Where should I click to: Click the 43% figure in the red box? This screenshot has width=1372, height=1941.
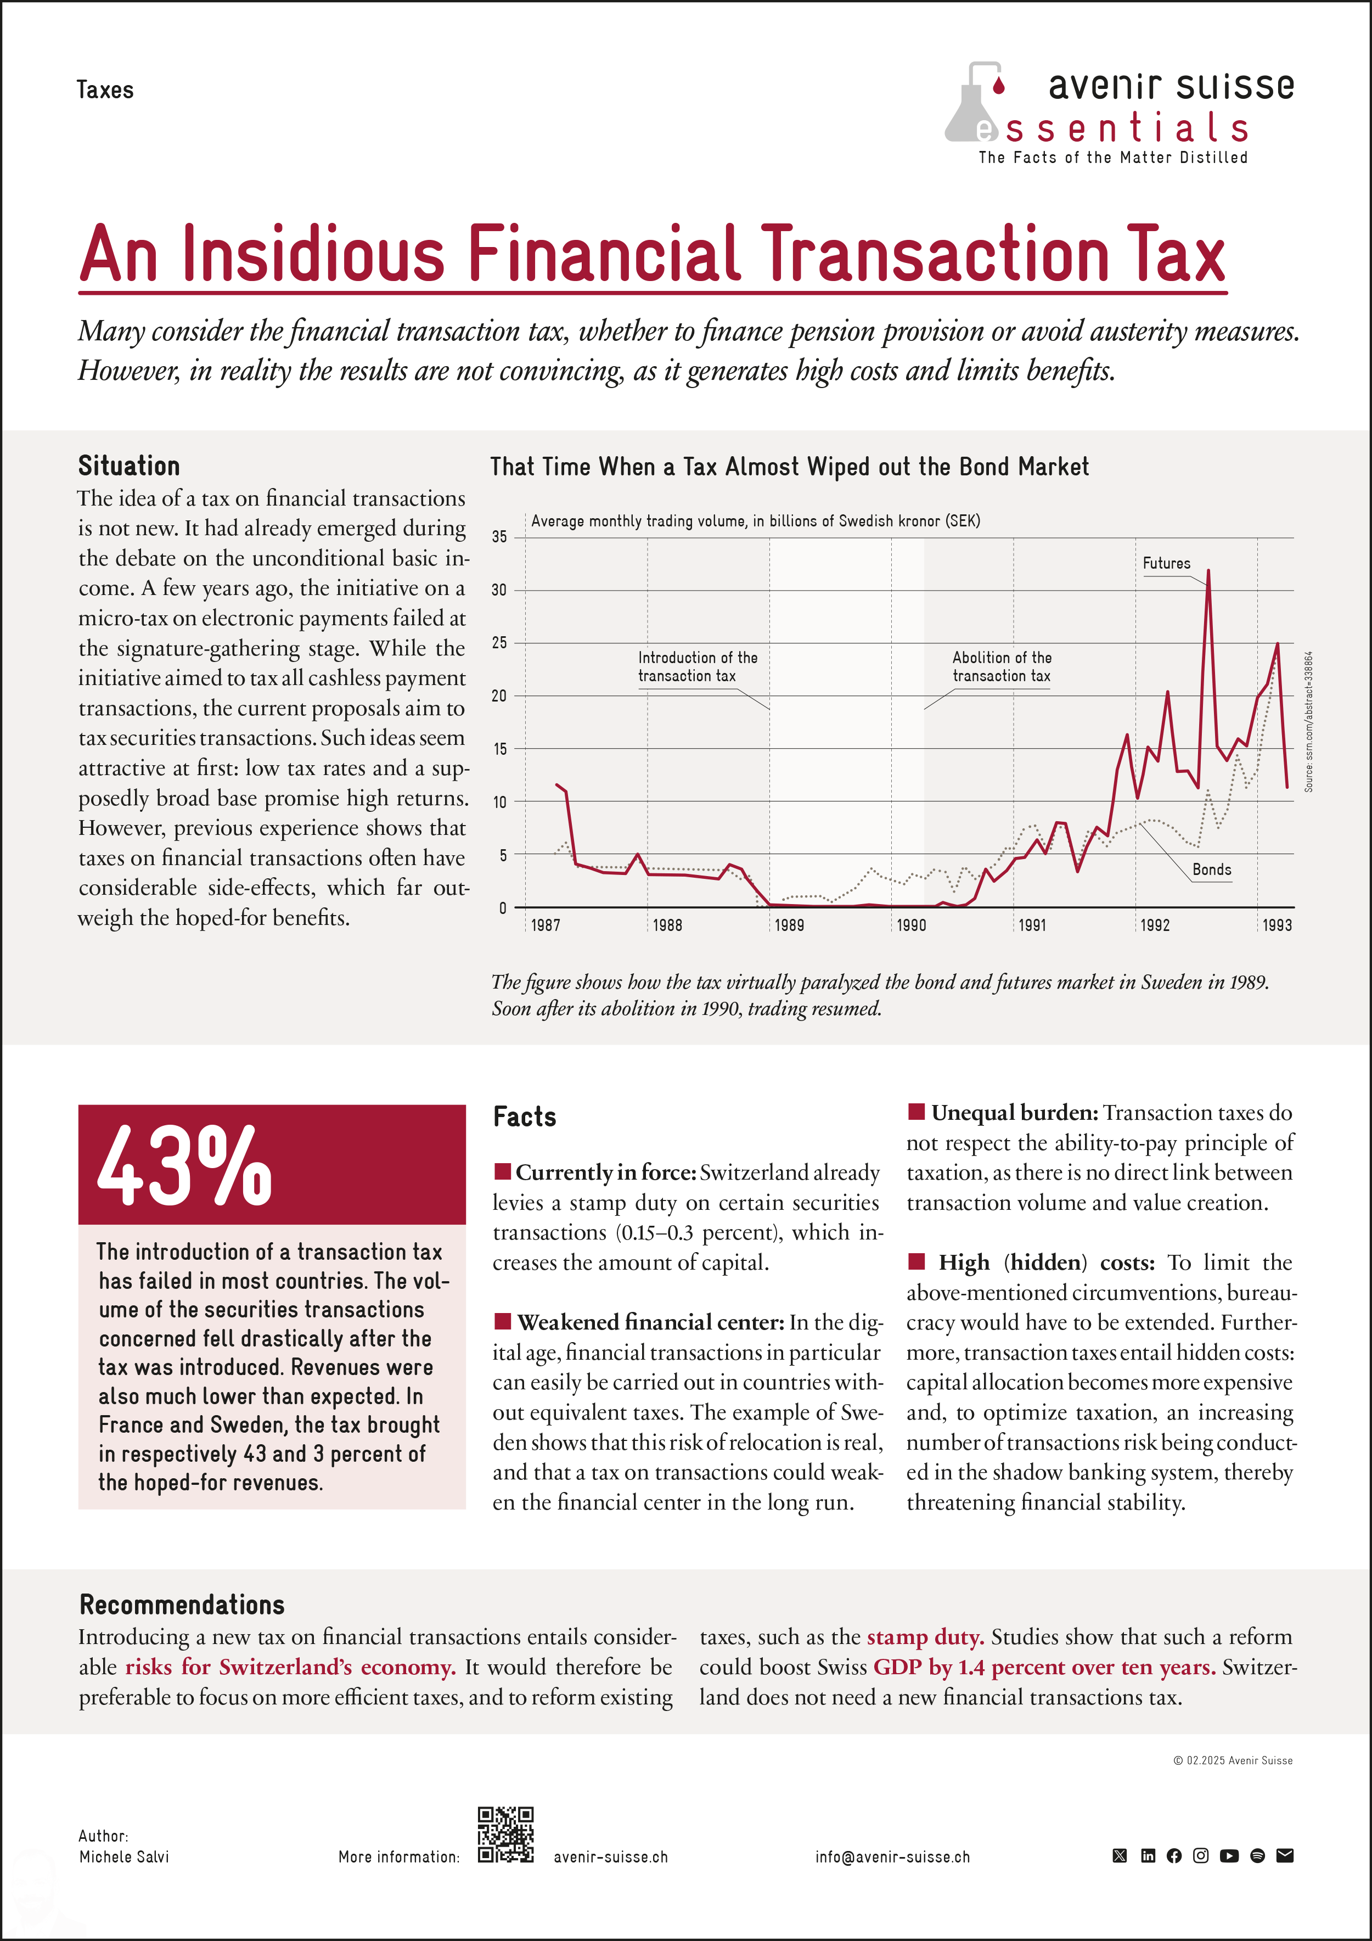click(184, 1166)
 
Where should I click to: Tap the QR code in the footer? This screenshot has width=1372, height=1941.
click(505, 1835)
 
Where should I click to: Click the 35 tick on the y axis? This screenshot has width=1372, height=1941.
click(499, 537)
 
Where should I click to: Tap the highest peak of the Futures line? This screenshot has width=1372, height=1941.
click(1208, 571)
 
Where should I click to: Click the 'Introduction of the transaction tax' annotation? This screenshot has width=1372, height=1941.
click(698, 666)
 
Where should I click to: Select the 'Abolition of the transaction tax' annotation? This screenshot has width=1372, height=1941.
click(1002, 666)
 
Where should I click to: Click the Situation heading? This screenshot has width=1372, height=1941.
click(130, 466)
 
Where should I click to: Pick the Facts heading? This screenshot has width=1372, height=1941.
click(524, 1117)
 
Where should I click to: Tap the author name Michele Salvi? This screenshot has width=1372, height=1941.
click(124, 1856)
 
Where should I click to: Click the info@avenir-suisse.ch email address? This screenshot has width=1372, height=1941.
click(893, 1856)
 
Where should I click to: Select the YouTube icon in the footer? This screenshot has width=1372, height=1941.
click(1229, 1855)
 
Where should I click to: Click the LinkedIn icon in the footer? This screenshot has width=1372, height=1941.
click(1147, 1855)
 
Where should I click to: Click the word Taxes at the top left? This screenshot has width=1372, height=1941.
click(105, 89)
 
